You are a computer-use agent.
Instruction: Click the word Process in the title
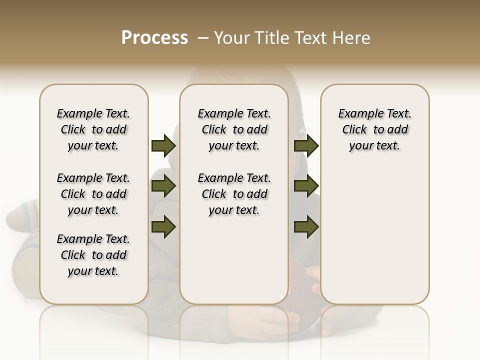154,38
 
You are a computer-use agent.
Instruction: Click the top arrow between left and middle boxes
163,146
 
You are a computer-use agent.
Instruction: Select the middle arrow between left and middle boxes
163,186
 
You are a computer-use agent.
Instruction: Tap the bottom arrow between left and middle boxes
163,226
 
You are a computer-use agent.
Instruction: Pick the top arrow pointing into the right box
306,146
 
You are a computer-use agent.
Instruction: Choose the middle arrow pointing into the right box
306,186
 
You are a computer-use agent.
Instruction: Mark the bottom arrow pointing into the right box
306,227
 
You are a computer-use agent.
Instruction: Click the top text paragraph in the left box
93,129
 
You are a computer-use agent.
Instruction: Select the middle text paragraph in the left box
93,194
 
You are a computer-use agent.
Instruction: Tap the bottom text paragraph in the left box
93,255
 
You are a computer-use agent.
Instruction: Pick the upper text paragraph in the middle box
234,129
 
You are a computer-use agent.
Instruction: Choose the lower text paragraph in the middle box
234,194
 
